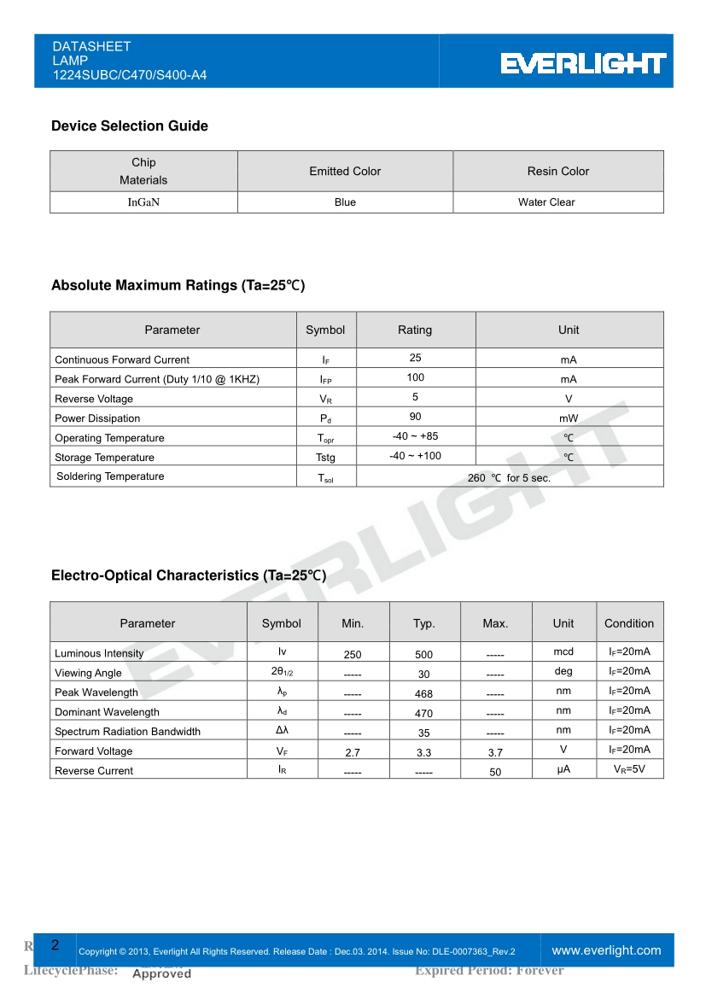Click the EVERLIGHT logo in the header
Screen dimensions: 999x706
[583, 63]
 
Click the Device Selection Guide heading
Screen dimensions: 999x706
[130, 126]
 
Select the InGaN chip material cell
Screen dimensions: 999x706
[143, 202]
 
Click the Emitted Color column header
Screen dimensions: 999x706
[345, 172]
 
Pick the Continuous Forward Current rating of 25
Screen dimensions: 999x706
[415, 359]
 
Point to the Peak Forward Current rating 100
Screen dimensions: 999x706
[415, 377]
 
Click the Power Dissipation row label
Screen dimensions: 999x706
[97, 418]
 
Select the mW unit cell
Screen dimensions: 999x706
[569, 418]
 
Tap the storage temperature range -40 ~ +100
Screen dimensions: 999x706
[415, 456]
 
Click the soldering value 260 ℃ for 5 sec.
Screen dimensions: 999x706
[509, 478]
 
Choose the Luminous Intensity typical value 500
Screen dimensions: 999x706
[424, 655]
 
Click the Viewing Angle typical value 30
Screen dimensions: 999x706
[424, 675]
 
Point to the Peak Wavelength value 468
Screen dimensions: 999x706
[424, 694]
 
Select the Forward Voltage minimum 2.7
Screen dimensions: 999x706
[353, 753]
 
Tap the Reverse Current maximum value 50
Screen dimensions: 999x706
[495, 772]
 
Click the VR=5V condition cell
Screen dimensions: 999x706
[629, 769]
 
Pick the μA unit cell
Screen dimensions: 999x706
[563, 769]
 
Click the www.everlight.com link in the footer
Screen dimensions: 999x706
[606, 950]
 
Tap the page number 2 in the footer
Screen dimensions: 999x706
[55, 945]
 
